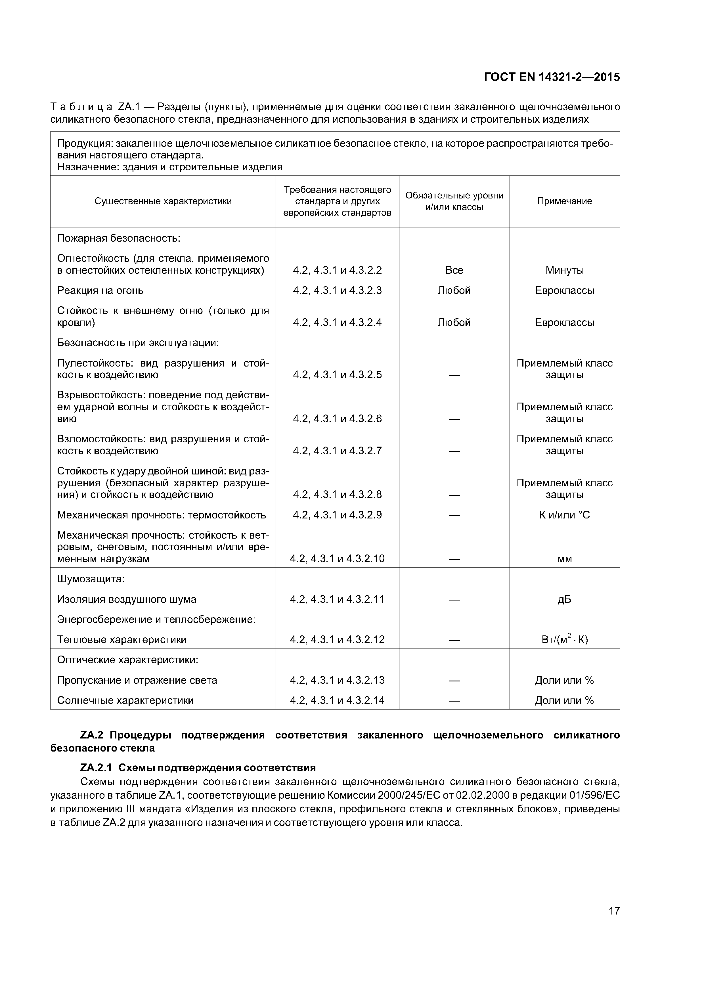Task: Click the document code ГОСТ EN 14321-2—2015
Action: (552, 77)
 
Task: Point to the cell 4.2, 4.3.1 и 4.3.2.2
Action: (337, 270)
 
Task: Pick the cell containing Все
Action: (454, 270)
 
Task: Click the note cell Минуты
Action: (564, 270)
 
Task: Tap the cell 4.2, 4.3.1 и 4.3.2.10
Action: (337, 559)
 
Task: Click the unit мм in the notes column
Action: (564, 559)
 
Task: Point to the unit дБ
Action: (564, 600)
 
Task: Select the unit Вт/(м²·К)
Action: (564, 640)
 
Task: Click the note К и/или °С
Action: (564, 515)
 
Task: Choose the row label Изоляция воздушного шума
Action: (127, 600)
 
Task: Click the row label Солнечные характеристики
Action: (125, 701)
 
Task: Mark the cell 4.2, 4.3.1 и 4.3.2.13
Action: (337, 680)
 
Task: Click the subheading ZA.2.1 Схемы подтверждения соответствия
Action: (198, 768)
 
